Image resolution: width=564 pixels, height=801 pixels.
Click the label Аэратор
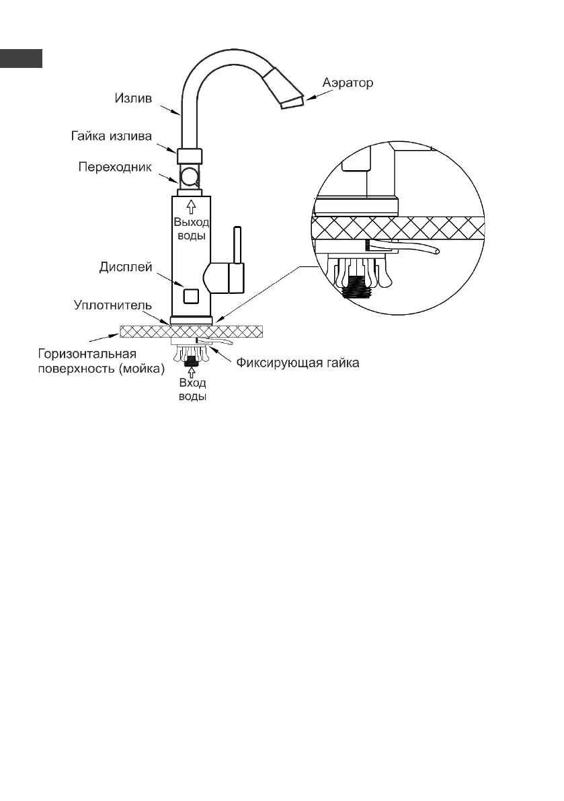348,83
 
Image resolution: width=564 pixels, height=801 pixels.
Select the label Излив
133,98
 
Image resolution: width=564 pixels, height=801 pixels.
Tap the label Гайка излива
112,137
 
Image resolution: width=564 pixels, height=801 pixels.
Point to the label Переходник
115,167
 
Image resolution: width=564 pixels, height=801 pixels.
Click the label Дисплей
126,267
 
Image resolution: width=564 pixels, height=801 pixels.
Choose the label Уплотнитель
113,305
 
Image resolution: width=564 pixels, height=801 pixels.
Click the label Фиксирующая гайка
298,363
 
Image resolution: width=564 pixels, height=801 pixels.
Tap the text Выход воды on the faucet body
192,229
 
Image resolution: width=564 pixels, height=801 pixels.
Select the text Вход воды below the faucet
192,390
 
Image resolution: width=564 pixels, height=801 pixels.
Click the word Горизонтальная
87,354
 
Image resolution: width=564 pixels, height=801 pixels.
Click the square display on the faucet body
190,295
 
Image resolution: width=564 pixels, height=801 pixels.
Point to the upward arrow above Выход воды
191,206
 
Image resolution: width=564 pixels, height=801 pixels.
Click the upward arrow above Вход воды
192,373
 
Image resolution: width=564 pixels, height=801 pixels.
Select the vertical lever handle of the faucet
237,245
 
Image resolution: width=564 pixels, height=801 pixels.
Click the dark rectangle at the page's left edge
21,59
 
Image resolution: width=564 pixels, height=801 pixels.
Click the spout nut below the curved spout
190,156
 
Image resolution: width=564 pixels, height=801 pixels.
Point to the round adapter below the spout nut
190,177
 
